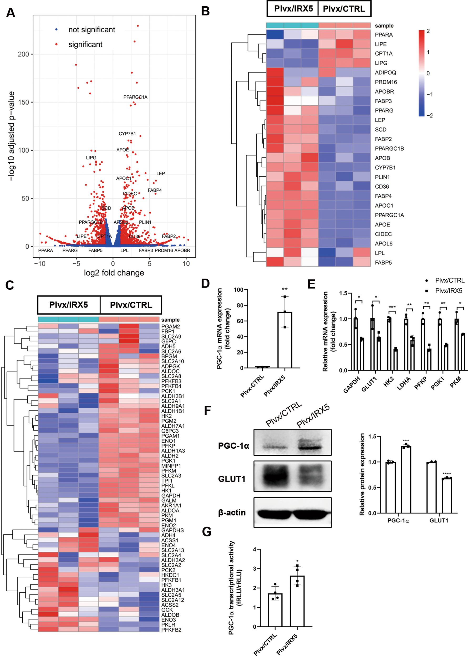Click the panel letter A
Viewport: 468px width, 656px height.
pos(11,13)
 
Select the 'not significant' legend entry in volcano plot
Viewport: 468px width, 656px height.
pos(91,30)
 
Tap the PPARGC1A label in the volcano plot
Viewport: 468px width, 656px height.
pos(135,97)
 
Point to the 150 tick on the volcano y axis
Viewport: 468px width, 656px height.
pos(23,102)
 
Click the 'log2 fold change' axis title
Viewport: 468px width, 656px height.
pos(114,273)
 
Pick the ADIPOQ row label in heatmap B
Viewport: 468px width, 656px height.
pos(385,73)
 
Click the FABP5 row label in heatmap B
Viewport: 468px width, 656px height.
pos(383,263)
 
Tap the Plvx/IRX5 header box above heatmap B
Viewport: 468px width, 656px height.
pos(293,9)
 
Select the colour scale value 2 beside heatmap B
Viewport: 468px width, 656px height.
pos(428,31)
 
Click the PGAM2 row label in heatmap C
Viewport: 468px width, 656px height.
pos(170,326)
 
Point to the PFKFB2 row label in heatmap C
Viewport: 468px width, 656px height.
pos(171,629)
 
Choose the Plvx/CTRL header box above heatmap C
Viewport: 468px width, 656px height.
pos(131,305)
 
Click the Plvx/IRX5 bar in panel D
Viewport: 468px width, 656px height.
pos(285,340)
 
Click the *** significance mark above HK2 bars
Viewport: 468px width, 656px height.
pos(392,307)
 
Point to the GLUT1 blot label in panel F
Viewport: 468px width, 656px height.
pos(232,479)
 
